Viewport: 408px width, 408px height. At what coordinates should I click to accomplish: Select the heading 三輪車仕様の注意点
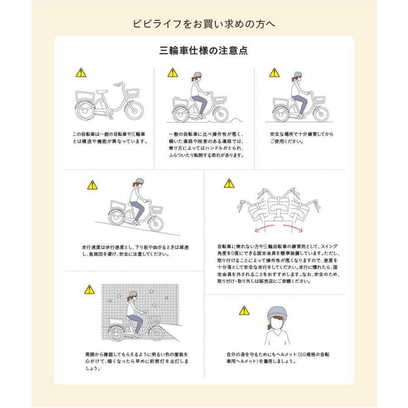(204, 50)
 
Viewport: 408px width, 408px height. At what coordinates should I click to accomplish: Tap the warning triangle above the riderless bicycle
(80, 73)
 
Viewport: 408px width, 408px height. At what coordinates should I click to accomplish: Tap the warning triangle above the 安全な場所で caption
(274, 73)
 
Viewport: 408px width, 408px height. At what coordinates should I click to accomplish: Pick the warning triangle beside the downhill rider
(92, 185)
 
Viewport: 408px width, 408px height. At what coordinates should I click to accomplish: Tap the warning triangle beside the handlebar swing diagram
(229, 184)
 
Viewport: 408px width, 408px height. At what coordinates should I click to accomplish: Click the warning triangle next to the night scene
(89, 289)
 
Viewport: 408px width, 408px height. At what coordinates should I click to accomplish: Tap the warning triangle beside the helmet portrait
(244, 311)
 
